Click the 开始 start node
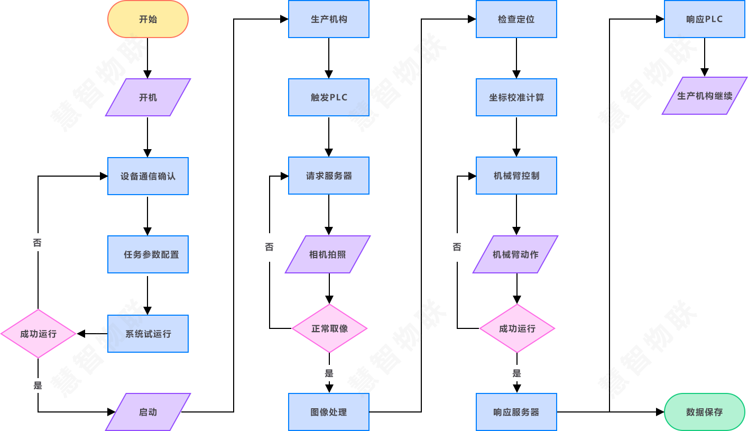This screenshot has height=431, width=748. point(148,19)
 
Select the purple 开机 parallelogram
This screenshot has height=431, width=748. point(148,97)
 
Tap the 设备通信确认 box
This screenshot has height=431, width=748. point(148,176)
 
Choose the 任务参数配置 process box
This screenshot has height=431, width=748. point(148,254)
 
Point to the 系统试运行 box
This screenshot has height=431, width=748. point(148,334)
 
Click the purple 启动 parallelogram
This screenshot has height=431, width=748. point(148,412)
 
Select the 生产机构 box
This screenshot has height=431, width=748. point(329,19)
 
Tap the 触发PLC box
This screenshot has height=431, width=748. point(329,97)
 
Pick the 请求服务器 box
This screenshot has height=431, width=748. point(329,176)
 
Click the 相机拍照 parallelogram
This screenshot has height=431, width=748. point(328,254)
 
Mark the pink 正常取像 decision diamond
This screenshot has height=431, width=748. point(329,328)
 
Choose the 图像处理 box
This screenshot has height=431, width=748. point(329,412)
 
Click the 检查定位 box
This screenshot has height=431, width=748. point(516,19)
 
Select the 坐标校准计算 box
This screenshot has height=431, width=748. point(516,97)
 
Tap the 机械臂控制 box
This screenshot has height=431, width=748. point(516,176)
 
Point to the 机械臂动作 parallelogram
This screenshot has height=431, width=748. point(515,254)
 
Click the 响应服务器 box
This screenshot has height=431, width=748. point(516,412)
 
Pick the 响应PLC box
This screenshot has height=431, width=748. point(705,19)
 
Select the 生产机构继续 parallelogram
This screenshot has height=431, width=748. point(705,96)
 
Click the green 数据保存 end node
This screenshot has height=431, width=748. point(704,412)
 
